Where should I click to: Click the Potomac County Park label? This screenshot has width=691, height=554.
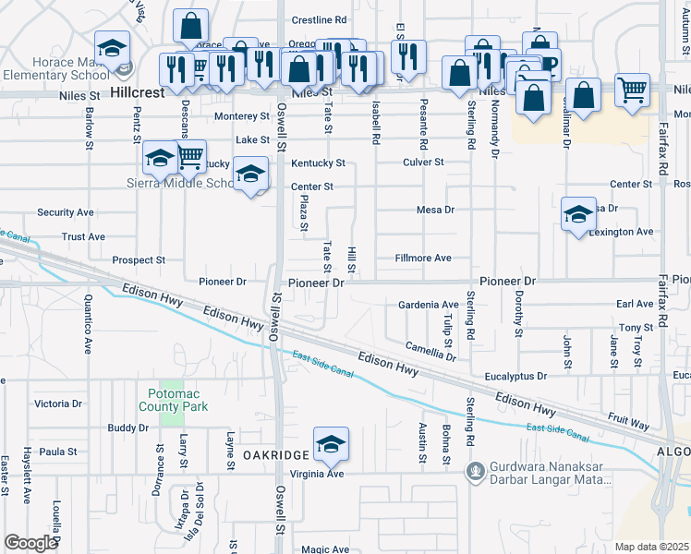pos(174,400)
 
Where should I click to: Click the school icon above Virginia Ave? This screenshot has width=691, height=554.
pos(331,444)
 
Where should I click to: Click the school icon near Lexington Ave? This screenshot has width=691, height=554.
pos(578,215)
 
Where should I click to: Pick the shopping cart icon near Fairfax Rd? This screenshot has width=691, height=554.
pos(632,90)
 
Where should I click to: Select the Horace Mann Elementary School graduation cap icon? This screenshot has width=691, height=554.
pos(112,47)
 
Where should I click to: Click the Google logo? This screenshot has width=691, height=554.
pos(30,542)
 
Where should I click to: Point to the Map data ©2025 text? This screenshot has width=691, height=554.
pos(651,547)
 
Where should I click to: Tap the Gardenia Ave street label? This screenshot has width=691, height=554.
pos(428,305)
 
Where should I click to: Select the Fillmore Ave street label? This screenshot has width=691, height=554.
pos(423,259)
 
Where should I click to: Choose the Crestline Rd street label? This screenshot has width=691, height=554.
pos(319,19)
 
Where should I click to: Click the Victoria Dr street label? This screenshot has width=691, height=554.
pos(57,404)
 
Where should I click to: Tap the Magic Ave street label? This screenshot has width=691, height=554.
pos(324,549)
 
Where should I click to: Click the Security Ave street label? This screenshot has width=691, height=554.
pos(65,212)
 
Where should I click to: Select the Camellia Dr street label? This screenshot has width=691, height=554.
pos(430,351)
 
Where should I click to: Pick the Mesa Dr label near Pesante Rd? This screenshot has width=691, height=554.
pos(436,210)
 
